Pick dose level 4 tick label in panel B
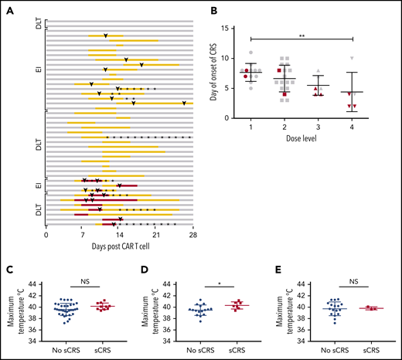pyautogui.click(x=352, y=127)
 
